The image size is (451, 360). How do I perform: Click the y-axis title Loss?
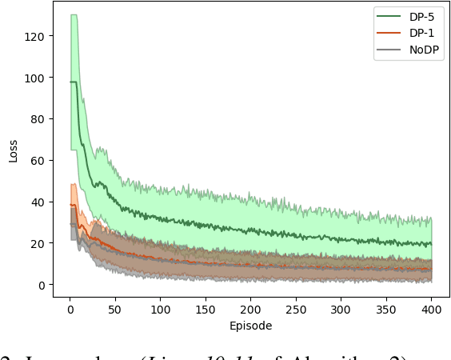(13, 151)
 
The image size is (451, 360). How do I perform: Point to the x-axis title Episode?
(251, 326)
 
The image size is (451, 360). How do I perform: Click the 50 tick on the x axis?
(115, 308)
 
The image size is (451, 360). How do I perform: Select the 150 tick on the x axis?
(206, 308)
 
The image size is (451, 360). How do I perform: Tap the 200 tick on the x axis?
(251, 308)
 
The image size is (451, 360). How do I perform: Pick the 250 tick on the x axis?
(296, 308)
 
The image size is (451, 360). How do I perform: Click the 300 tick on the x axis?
(341, 308)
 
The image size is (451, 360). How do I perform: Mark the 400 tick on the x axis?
(432, 308)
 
